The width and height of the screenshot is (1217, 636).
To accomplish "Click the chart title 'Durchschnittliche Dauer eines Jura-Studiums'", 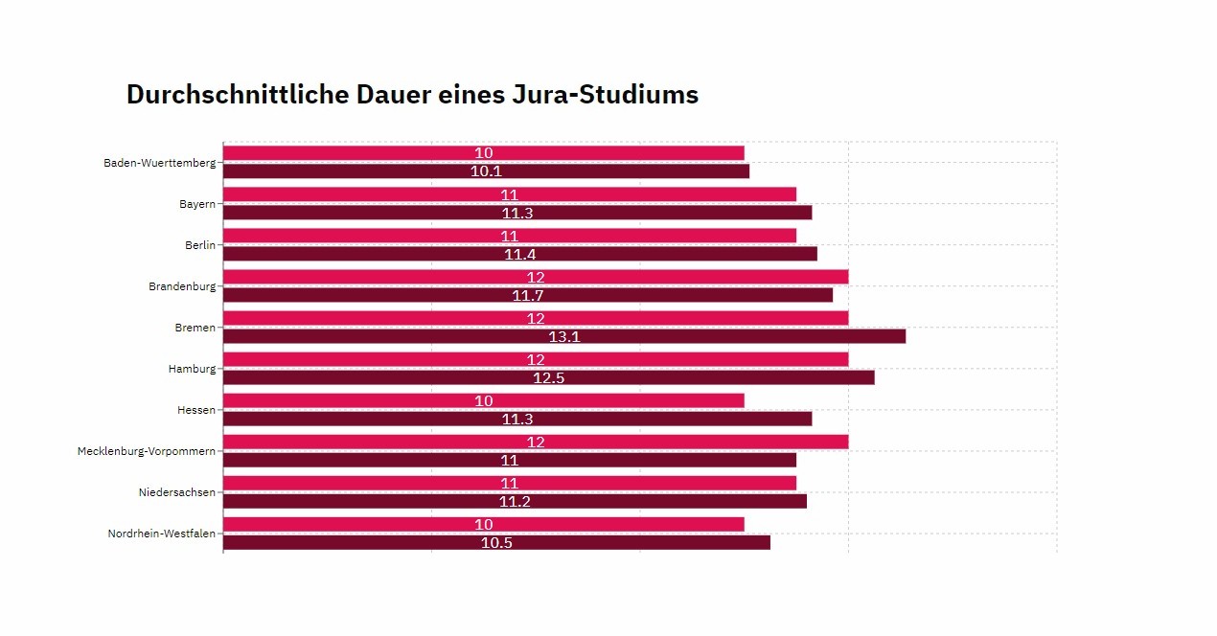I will click(x=412, y=95).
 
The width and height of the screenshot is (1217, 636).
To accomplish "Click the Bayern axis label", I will click(x=197, y=204).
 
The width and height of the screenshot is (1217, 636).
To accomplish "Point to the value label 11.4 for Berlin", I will click(x=519, y=254).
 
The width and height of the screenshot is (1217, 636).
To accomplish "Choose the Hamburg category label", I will click(x=192, y=369).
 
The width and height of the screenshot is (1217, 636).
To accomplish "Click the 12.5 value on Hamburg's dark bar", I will click(x=548, y=377).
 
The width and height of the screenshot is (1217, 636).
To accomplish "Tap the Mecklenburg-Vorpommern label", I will click(x=147, y=451).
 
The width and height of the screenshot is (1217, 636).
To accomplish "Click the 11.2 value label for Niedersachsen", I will click(x=515, y=501).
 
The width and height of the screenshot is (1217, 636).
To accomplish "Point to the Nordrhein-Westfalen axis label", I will click(x=162, y=534).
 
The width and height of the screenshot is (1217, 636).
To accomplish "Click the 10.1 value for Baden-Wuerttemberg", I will click(x=486, y=171).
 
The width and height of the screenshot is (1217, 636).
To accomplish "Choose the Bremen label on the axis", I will click(x=195, y=328).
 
